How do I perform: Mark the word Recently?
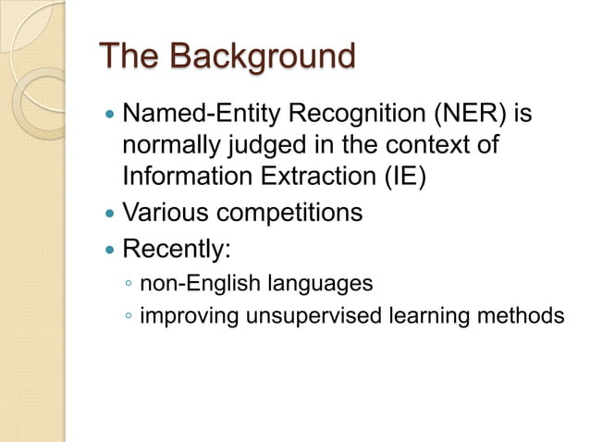coord(176,250)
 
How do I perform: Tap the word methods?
coord(522,316)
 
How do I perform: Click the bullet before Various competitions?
coord(110,214)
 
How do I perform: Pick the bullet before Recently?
coord(110,250)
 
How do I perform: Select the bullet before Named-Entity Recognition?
coord(110,117)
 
